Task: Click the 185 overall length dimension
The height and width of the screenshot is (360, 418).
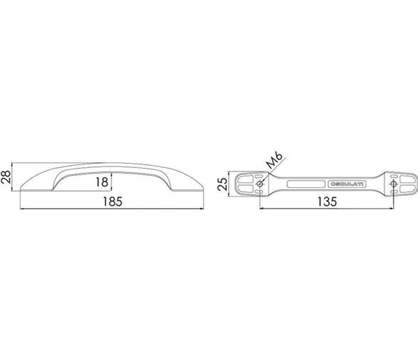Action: [112, 202]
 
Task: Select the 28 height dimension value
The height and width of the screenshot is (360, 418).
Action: [6, 176]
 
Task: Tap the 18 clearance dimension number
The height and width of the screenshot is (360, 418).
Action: [102, 182]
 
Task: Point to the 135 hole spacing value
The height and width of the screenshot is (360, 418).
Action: [327, 202]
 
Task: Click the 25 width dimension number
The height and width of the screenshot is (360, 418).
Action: [223, 184]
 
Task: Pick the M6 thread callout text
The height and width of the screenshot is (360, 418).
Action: [275, 160]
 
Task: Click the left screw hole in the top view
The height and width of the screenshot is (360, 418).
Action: [259, 184]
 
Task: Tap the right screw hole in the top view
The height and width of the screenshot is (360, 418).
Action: [393, 184]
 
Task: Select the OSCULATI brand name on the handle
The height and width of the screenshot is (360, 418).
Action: [348, 184]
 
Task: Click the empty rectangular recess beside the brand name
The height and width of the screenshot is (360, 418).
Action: [306, 184]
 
